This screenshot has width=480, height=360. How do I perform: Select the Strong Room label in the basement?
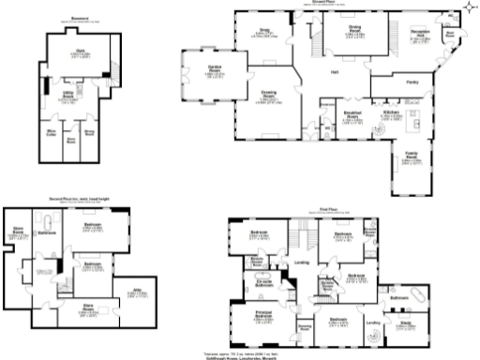89,134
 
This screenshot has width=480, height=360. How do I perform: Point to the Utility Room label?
69,97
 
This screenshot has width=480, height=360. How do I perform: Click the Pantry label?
412,82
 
